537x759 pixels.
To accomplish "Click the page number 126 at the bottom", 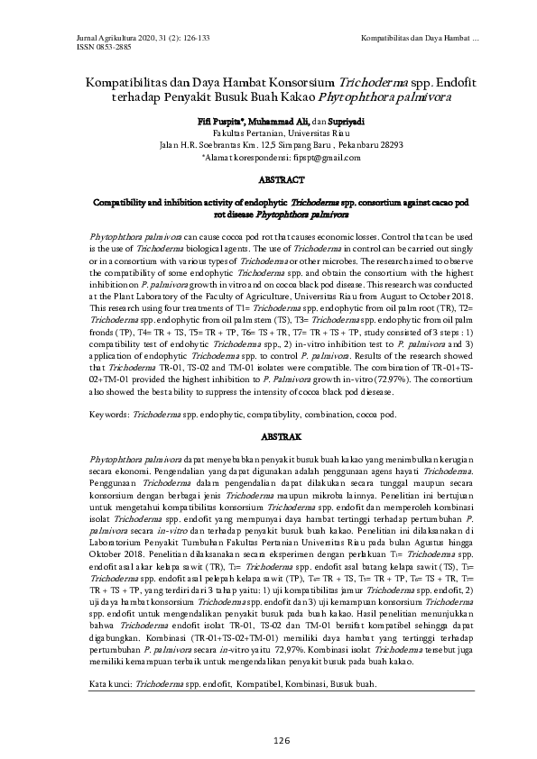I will click(268, 740).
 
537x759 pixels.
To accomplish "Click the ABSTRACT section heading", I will click(268, 179).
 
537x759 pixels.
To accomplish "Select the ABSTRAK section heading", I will click(268, 434).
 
